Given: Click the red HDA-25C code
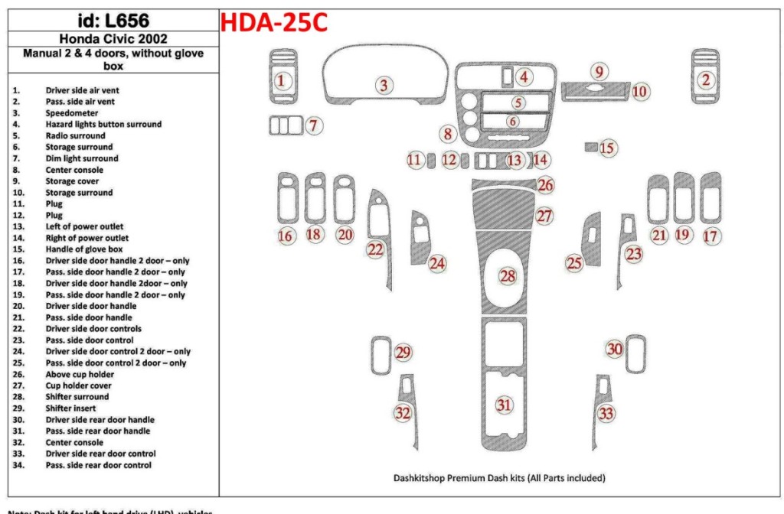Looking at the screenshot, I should click(x=274, y=23).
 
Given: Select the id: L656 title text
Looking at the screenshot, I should click(x=113, y=21).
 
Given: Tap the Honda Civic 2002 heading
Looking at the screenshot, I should click(x=113, y=39).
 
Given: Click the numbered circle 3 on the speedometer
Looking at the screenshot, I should click(x=384, y=86).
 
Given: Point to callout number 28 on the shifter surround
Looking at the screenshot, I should click(x=508, y=276).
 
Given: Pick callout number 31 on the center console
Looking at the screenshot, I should click(x=503, y=405).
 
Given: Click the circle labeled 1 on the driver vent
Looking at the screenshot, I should click(x=282, y=80).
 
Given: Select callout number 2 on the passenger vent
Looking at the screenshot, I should click(x=706, y=80).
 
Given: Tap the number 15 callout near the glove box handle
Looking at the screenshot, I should click(x=607, y=148).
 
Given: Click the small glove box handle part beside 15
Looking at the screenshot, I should click(x=590, y=145).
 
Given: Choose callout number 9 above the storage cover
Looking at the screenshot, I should click(x=599, y=72).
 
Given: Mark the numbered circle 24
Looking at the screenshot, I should click(x=437, y=264).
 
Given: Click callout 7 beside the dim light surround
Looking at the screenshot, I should click(x=313, y=126).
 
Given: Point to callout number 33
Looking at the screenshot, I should click(x=606, y=414).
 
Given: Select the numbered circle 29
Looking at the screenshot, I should click(x=403, y=353).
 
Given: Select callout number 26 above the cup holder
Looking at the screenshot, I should click(x=545, y=185).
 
